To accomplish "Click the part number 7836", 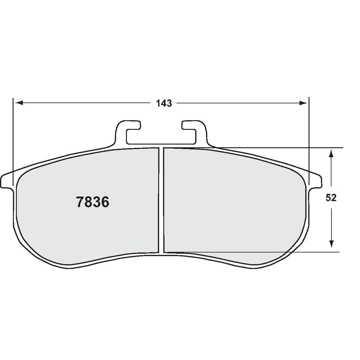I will (x=92, y=202).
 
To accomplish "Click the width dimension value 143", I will (x=164, y=103).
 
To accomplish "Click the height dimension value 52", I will (x=331, y=198).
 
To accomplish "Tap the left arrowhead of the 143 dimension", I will (x=20, y=103).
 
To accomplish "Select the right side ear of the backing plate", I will (x=316, y=181).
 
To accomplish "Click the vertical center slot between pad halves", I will (x=161, y=200).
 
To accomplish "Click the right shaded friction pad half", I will (x=232, y=204).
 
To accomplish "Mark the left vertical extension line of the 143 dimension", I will (x=13, y=141).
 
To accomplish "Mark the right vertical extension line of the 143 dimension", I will (x=309, y=141).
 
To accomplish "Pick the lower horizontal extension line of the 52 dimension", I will (x=316, y=252).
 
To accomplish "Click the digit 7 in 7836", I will (x=80, y=202).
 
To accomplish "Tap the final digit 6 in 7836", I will (x=105, y=202).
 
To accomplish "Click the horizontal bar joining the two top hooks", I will (x=160, y=144).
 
